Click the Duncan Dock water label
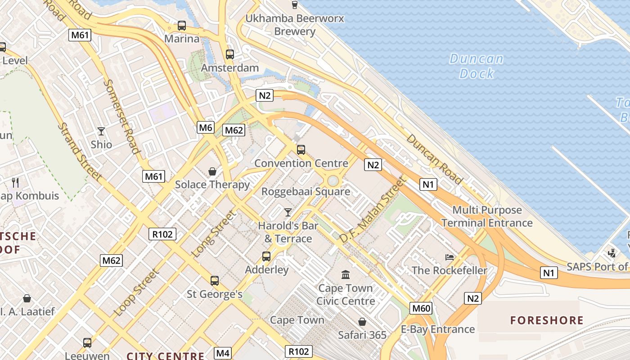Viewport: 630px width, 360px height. (x=477, y=66)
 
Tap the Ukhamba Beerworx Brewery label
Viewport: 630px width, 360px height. (x=295, y=25)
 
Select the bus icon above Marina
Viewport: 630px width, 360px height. (x=182, y=26)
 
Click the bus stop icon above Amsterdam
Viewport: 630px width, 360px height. (x=230, y=54)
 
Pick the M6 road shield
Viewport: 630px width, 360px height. (x=206, y=128)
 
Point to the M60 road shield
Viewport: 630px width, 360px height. (x=421, y=308)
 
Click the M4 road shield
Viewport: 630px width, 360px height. (x=223, y=353)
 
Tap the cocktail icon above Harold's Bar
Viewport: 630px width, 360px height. (x=288, y=212)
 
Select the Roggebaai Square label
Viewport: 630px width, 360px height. (x=306, y=192)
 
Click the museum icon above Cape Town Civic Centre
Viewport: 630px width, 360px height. (x=346, y=274)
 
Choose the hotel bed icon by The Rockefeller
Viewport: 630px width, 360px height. (x=450, y=257)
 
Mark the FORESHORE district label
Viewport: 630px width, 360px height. (x=547, y=320)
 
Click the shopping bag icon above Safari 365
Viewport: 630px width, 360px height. (x=362, y=322)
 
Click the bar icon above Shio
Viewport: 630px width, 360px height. (x=101, y=131)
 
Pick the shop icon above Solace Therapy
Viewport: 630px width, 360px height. (x=212, y=171)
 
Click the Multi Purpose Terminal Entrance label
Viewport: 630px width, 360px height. (x=487, y=216)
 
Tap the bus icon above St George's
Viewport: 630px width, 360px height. (x=215, y=281)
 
